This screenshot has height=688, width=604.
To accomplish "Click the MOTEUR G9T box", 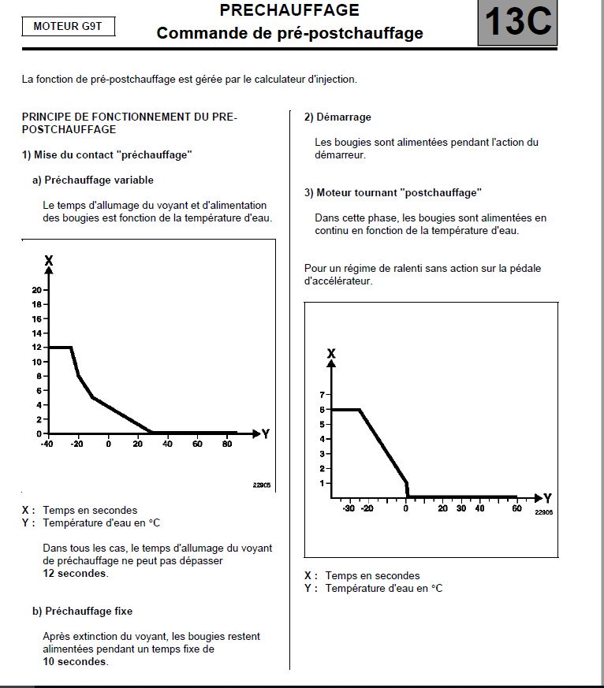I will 68,26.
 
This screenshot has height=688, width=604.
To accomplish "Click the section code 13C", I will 517,22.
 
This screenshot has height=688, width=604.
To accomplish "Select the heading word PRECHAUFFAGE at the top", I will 289,10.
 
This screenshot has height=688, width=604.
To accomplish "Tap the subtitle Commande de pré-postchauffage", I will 289,33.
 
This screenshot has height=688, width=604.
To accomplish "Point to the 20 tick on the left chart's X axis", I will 36,290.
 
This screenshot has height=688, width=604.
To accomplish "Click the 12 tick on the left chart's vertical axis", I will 36,348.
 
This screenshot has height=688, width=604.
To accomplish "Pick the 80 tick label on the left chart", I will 227,444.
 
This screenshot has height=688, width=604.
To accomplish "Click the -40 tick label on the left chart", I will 47,444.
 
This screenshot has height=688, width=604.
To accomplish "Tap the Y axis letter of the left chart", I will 266,433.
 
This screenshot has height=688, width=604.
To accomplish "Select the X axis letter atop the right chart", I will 331,354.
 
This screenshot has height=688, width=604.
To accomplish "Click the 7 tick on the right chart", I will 322,394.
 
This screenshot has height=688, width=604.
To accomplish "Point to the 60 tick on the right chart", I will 516,508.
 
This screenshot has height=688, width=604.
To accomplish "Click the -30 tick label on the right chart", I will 348,508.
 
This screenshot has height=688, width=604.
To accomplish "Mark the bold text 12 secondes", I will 76,573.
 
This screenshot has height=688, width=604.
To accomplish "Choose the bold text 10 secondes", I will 76,661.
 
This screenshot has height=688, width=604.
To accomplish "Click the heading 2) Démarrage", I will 337,117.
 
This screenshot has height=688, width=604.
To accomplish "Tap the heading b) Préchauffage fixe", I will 82,611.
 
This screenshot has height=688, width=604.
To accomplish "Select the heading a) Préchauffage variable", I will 92,180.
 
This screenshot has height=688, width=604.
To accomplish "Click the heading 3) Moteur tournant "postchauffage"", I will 393,192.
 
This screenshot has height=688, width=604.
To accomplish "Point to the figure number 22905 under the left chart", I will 261,485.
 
